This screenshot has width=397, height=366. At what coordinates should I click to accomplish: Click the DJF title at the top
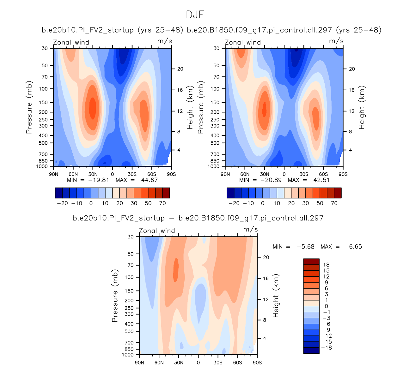point(195,15)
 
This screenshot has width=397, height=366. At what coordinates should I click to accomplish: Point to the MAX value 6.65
point(355,247)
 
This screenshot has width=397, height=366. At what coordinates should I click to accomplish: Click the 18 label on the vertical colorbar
point(326,265)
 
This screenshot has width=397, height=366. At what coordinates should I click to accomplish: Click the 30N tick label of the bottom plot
point(179,363)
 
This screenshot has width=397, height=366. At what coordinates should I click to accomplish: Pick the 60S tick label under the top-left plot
point(152,174)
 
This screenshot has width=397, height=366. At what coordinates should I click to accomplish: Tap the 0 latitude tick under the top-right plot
point(284,174)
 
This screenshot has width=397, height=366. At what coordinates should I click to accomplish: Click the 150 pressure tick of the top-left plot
point(43,102)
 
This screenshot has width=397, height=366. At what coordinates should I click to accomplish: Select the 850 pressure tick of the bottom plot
point(129,349)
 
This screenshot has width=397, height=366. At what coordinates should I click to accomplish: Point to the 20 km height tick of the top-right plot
point(352,69)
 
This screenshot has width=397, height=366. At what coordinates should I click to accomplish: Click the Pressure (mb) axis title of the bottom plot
point(115,296)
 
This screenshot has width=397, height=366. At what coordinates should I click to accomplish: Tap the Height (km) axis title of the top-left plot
point(190,107)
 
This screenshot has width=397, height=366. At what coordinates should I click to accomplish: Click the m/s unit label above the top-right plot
point(336,41)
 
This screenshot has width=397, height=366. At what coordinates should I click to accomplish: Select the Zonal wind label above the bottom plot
point(157,231)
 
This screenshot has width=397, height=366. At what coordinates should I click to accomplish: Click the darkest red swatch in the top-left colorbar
point(166,193)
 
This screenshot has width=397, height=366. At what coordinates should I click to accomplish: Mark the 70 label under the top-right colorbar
point(334,203)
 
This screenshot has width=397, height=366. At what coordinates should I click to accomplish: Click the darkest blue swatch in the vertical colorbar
point(311,351)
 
